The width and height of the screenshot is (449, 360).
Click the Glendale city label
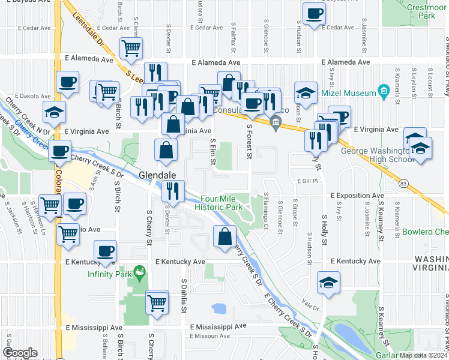tap(158, 175)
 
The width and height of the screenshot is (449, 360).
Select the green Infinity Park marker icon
tap(140, 272)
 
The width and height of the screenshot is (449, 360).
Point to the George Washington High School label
tap(378, 155)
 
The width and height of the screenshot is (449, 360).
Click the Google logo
tap(20, 353)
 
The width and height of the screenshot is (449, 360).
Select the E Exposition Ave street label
tap(357, 196)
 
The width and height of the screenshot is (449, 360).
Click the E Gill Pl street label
tap(306, 180)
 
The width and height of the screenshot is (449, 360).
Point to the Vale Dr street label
tap(310, 306)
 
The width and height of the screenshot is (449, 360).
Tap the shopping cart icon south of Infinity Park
tap(157, 302)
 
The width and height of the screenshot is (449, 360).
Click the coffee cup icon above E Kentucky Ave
tap(106, 253)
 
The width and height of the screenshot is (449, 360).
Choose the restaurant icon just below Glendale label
tap(172, 191)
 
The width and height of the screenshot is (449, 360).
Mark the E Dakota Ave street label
tap(36, 95)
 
